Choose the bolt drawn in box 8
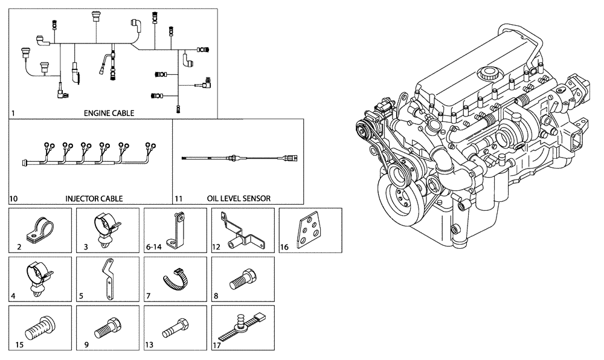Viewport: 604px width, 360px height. pyautogui.click(x=242, y=279)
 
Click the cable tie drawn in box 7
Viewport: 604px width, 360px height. pyautogui.click(x=175, y=280)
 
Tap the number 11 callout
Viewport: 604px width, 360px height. pyautogui.click(x=178, y=198)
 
